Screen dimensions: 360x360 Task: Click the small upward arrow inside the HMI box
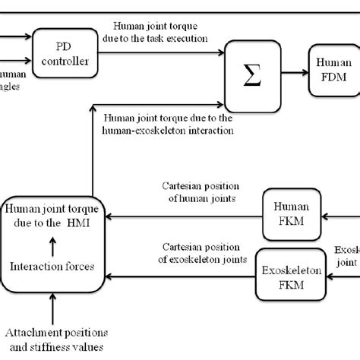point(52,245)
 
